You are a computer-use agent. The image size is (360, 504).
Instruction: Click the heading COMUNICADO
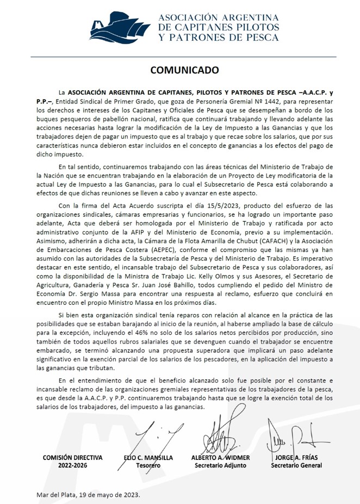click(184, 70)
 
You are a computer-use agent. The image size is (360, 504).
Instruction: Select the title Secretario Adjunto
click(220, 466)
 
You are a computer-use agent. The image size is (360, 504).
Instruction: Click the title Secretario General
click(296, 466)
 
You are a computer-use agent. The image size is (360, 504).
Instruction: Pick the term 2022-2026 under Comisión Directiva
click(72, 466)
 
